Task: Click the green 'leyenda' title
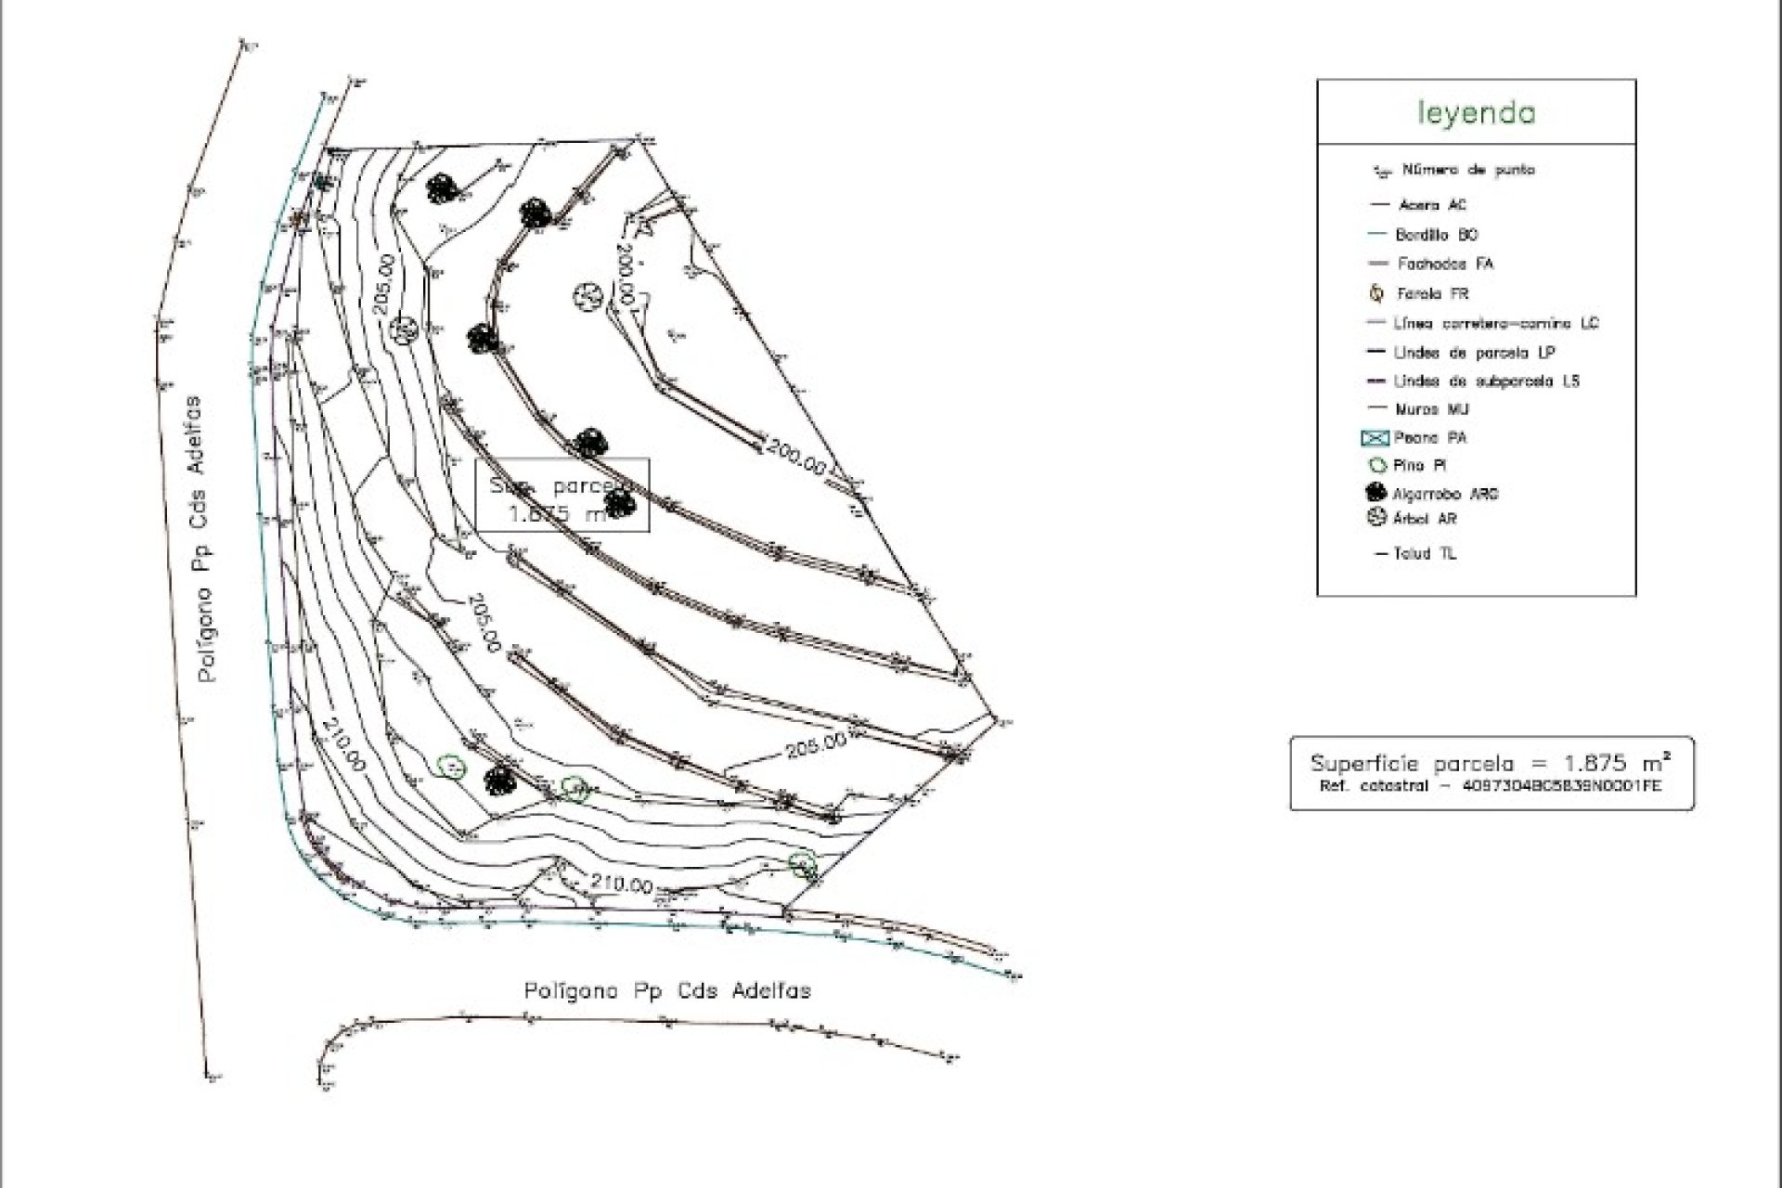pyautogui.click(x=1476, y=113)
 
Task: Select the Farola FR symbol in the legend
pyautogui.click(x=1378, y=293)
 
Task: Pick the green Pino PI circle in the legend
pyautogui.click(x=1376, y=466)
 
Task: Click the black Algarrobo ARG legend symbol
pyautogui.click(x=1376, y=493)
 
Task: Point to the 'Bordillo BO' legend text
pyautogui.click(x=1436, y=235)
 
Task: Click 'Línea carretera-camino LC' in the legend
pyautogui.click(x=1495, y=324)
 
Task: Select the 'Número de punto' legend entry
pyautogui.click(x=1467, y=170)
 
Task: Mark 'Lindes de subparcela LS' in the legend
pyautogui.click(x=1486, y=381)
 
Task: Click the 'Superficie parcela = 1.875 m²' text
pyautogui.click(x=1491, y=764)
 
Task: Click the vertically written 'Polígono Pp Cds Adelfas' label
pyautogui.click(x=209, y=539)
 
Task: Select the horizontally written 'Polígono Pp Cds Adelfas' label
pyautogui.click(x=667, y=991)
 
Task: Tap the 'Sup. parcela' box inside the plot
pyautogui.click(x=562, y=497)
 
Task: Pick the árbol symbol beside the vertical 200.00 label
pyautogui.click(x=588, y=297)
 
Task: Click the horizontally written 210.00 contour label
pyautogui.click(x=621, y=885)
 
